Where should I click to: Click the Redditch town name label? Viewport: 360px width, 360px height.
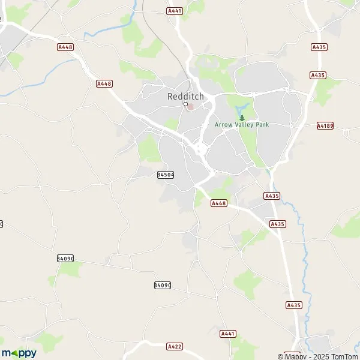pyautogui.click(x=185, y=96)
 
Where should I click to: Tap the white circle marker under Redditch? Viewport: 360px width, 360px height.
pyautogui.click(x=186, y=104)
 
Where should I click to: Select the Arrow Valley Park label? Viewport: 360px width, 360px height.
pyautogui.click(x=242, y=125)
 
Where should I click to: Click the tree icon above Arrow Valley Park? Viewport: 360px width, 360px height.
pyautogui.click(x=242, y=118)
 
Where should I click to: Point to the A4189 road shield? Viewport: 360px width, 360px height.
pyautogui.click(x=325, y=126)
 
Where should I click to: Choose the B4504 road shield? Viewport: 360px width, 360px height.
pyautogui.click(x=165, y=175)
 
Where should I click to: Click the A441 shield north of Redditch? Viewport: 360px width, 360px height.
pyautogui.click(x=175, y=11)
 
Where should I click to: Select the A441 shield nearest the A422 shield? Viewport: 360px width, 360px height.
pyautogui.click(x=227, y=334)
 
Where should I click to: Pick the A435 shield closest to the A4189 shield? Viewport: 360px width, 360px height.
pyautogui.click(x=317, y=75)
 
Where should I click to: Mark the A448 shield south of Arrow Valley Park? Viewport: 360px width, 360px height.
pyautogui.click(x=219, y=204)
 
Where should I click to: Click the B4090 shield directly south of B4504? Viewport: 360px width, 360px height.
pyautogui.click(x=163, y=285)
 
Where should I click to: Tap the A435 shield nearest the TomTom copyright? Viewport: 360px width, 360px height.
pyautogui.click(x=293, y=305)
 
